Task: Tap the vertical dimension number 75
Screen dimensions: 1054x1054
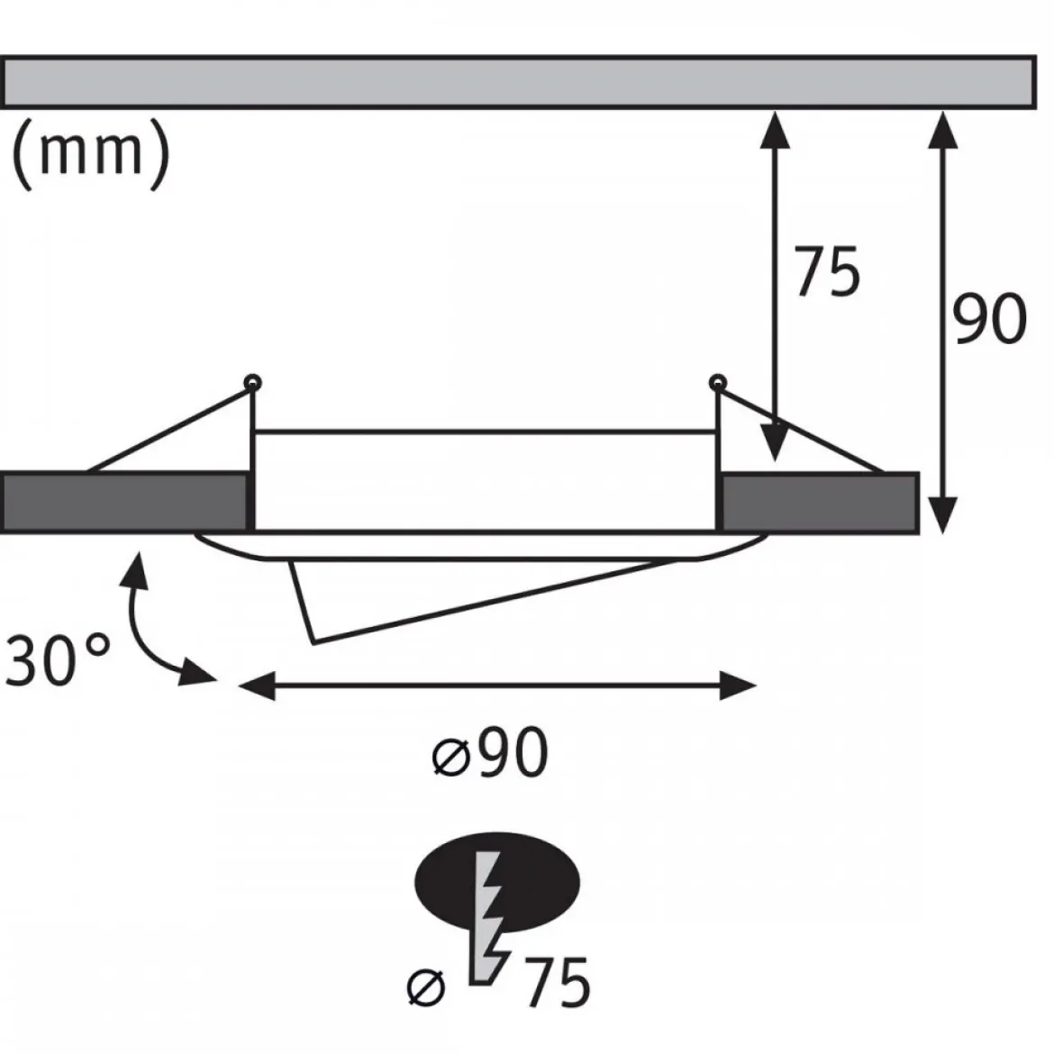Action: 828,271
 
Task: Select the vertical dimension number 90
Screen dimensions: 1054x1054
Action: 989,319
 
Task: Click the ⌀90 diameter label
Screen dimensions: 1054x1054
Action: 489,753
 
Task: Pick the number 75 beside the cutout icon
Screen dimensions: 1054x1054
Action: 557,983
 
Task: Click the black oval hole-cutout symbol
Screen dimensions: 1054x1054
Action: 497,882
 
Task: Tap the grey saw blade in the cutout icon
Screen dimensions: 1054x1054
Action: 488,918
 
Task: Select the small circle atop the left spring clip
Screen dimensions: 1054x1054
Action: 253,383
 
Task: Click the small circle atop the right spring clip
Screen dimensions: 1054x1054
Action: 718,383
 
